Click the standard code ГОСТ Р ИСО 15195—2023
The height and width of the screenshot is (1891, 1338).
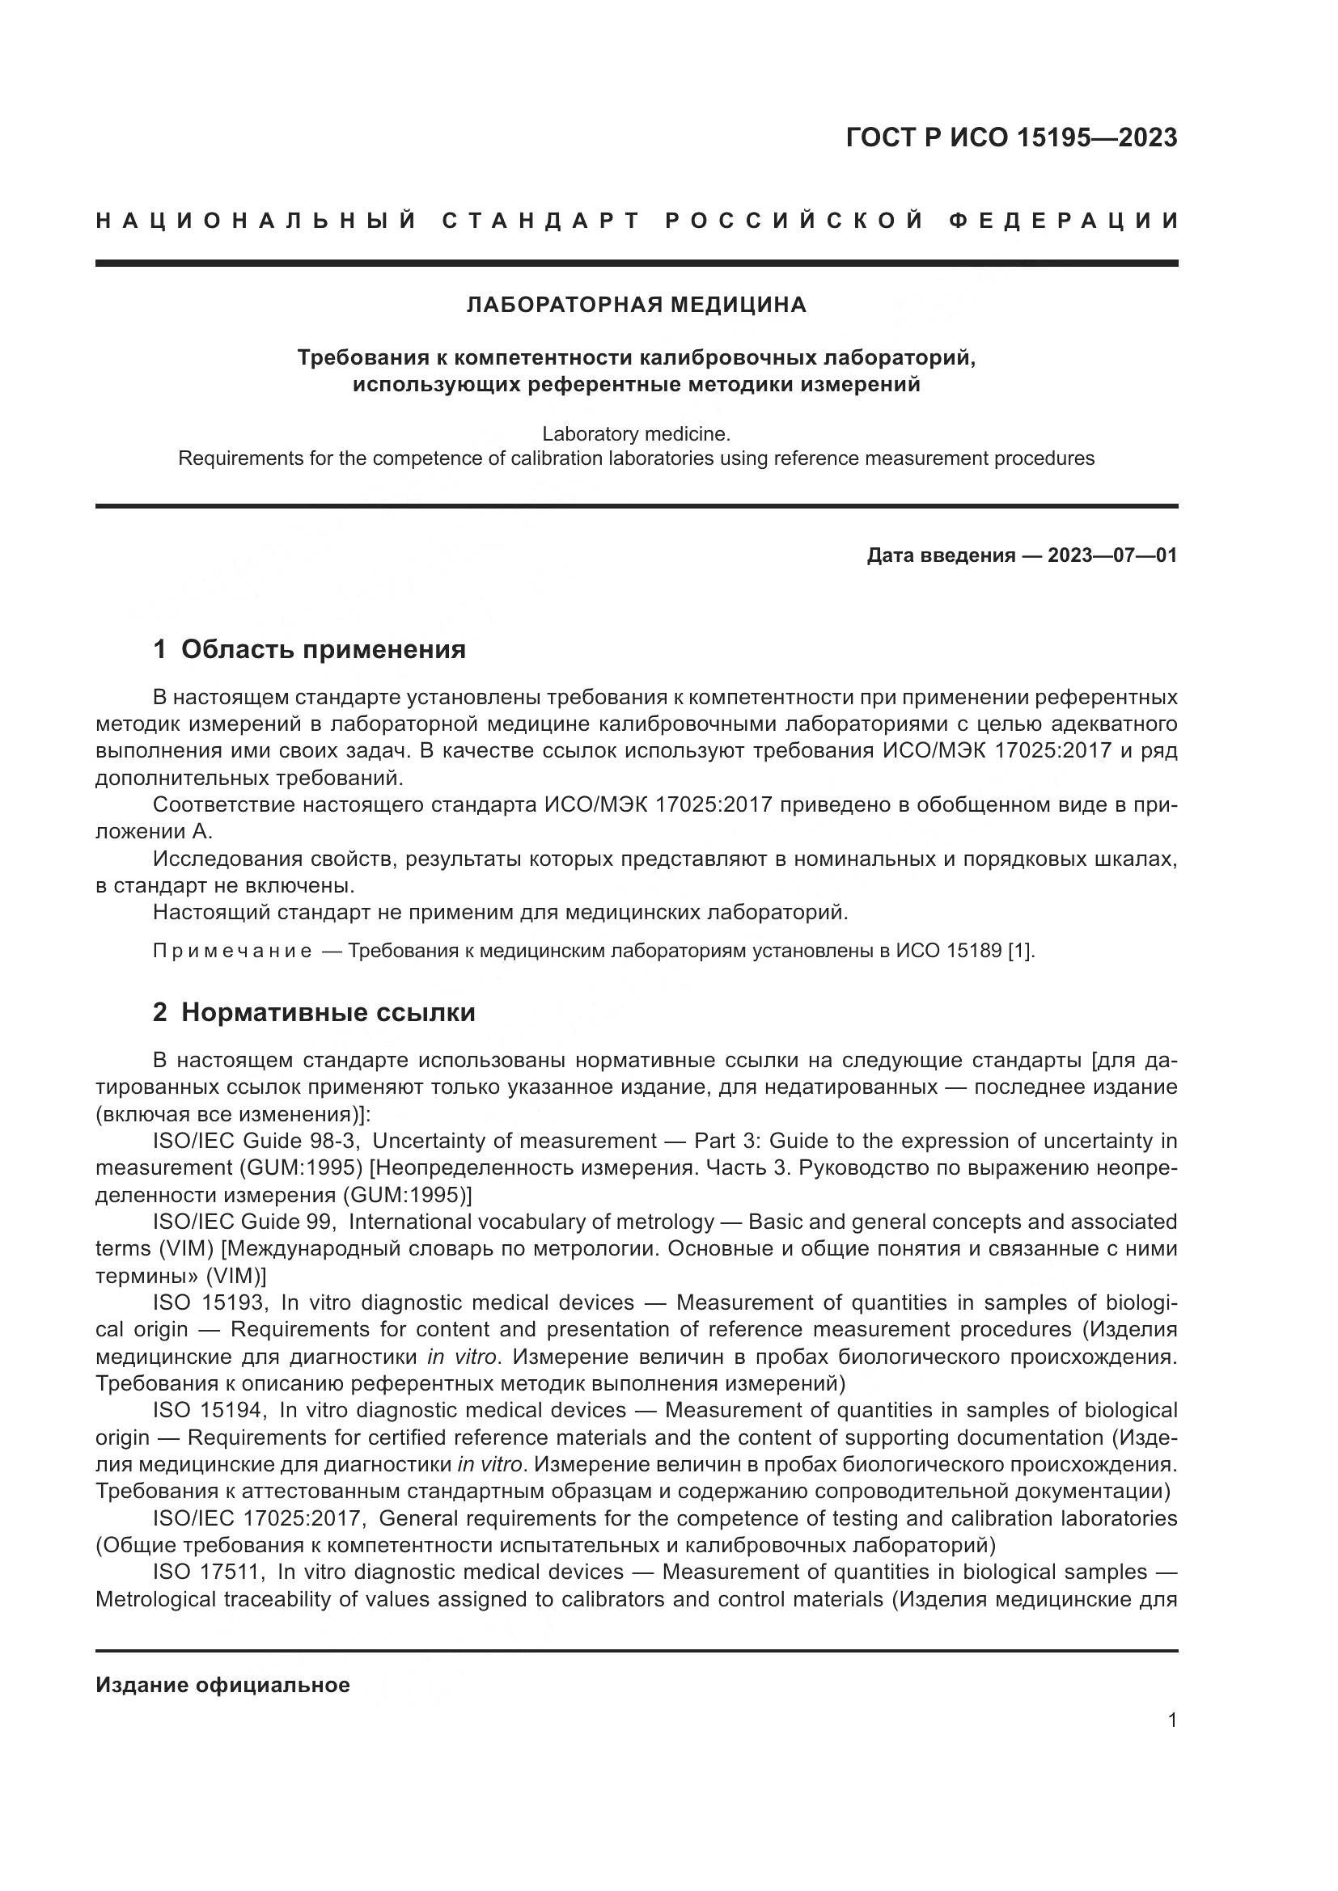pos(1011,137)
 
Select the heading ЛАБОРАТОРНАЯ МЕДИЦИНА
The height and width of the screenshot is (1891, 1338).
pos(636,306)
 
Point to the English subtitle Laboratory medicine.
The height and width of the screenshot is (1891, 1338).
pos(636,433)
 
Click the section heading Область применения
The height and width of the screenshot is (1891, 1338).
pos(323,650)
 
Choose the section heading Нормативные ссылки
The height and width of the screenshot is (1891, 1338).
pos(328,1012)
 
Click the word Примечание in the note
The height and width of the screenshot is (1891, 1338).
pos(232,952)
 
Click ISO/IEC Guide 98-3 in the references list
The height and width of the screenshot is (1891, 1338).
pos(259,1141)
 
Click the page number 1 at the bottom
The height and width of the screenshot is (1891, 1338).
pos(1172,1720)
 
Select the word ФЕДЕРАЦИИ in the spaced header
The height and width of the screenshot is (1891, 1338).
pos(1064,222)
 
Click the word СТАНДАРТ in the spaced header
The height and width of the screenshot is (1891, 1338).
pos(540,222)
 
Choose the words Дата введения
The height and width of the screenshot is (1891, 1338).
pos(941,555)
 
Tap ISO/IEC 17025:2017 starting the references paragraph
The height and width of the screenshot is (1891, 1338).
pos(260,1518)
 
